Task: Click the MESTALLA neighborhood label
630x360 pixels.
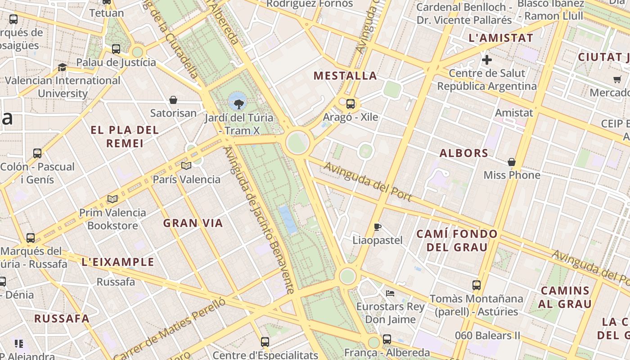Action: click(x=345, y=76)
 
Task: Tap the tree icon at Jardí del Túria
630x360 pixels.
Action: click(x=238, y=103)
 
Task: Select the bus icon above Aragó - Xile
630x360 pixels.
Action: click(x=351, y=104)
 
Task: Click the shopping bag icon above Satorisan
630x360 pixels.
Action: click(x=173, y=100)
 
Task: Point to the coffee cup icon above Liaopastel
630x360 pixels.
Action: click(x=378, y=227)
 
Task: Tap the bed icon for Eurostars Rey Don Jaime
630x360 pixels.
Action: click(x=390, y=293)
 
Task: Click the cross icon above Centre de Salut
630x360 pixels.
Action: click(x=486, y=59)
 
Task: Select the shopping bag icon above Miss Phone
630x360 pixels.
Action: click(x=511, y=162)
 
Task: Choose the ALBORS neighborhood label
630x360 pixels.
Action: click(x=464, y=153)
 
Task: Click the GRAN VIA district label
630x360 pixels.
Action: click(x=193, y=223)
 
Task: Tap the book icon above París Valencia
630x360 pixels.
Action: click(x=186, y=166)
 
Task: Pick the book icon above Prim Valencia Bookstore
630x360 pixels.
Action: click(x=112, y=199)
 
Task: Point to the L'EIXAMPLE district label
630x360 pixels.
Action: click(x=118, y=262)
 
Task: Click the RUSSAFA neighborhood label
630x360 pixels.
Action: click(x=62, y=319)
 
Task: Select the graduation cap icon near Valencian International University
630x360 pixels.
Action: click(x=62, y=67)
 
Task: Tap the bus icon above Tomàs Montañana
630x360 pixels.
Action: click(x=477, y=285)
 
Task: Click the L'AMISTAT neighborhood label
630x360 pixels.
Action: click(x=501, y=38)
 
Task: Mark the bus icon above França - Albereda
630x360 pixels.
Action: click(x=387, y=339)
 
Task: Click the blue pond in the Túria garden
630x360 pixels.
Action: click(x=288, y=220)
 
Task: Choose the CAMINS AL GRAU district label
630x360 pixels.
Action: click(x=565, y=297)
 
